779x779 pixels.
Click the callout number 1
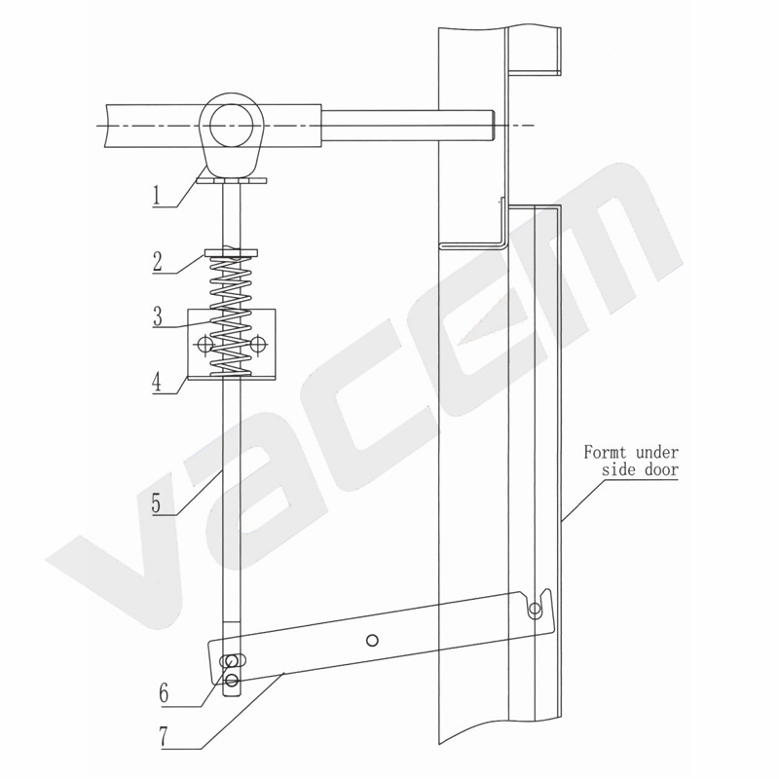[157, 195]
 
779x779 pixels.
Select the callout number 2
[158, 261]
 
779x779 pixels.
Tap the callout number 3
[158, 316]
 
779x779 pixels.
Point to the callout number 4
[157, 383]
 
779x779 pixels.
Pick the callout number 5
[157, 503]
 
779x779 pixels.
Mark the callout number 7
[165, 737]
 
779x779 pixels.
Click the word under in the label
[657, 453]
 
